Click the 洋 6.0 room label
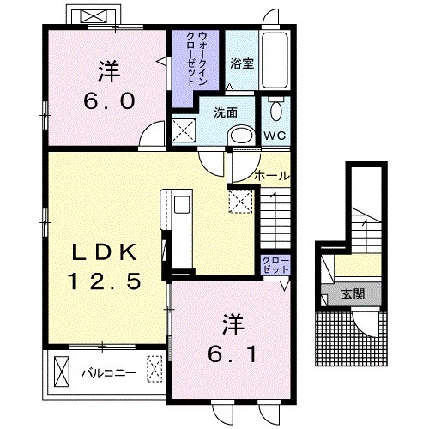coord(109,85)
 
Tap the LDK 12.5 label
coord(104,267)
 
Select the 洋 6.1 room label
coord(232,338)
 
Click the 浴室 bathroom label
coord(242,63)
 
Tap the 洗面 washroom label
coord(226,112)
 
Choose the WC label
coord(275,136)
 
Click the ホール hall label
coord(272,175)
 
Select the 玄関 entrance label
coord(353,293)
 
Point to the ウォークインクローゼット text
coord(196,58)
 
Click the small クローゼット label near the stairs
coord(275,265)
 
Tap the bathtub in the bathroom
coord(275,61)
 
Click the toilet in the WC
coord(275,108)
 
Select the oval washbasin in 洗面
coord(242,135)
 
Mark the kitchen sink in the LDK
coord(182,204)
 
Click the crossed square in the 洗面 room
coord(184,130)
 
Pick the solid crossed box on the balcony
coord(62,372)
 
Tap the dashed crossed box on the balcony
coord(154,369)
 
